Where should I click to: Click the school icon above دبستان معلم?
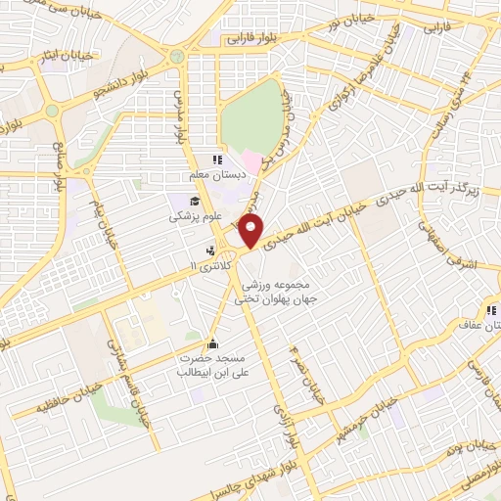coord(217,159)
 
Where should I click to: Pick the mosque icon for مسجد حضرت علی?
coord(212,343)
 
